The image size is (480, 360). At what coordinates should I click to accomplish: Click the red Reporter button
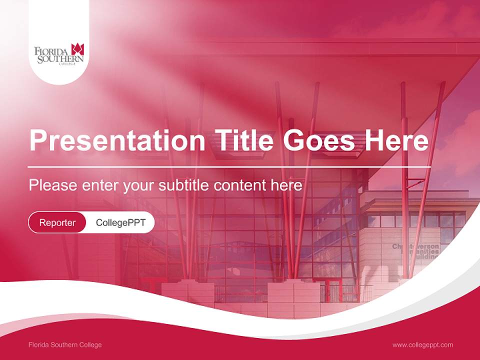tap(57, 222)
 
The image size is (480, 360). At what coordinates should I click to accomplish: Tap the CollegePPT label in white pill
tap(120, 222)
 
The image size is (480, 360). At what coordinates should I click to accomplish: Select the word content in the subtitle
tap(239, 185)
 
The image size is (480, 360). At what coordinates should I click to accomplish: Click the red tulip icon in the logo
tap(77, 49)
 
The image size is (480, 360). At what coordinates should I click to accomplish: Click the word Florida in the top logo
tap(52, 51)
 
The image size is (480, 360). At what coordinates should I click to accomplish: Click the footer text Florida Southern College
tap(65, 345)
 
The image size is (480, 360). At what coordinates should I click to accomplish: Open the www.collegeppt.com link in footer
tap(422, 345)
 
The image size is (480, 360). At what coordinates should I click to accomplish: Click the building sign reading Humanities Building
tap(415, 252)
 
